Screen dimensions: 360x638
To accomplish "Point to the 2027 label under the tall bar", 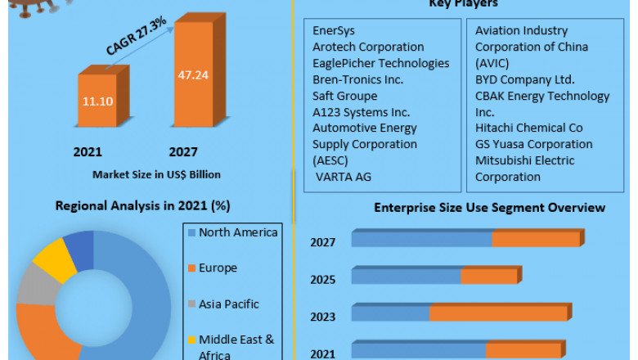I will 183,152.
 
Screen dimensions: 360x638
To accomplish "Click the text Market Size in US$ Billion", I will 156,174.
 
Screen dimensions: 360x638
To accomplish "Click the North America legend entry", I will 237,232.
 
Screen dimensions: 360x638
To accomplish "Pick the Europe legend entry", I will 218,268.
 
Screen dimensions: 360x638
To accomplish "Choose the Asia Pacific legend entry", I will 228,304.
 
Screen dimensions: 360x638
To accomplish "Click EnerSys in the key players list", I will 335,31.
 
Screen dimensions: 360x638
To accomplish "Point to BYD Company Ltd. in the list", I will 524,79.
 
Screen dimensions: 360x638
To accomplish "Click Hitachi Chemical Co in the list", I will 528,128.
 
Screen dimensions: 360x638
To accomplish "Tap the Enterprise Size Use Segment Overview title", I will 489,207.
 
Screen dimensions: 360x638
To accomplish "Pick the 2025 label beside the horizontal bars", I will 322,279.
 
